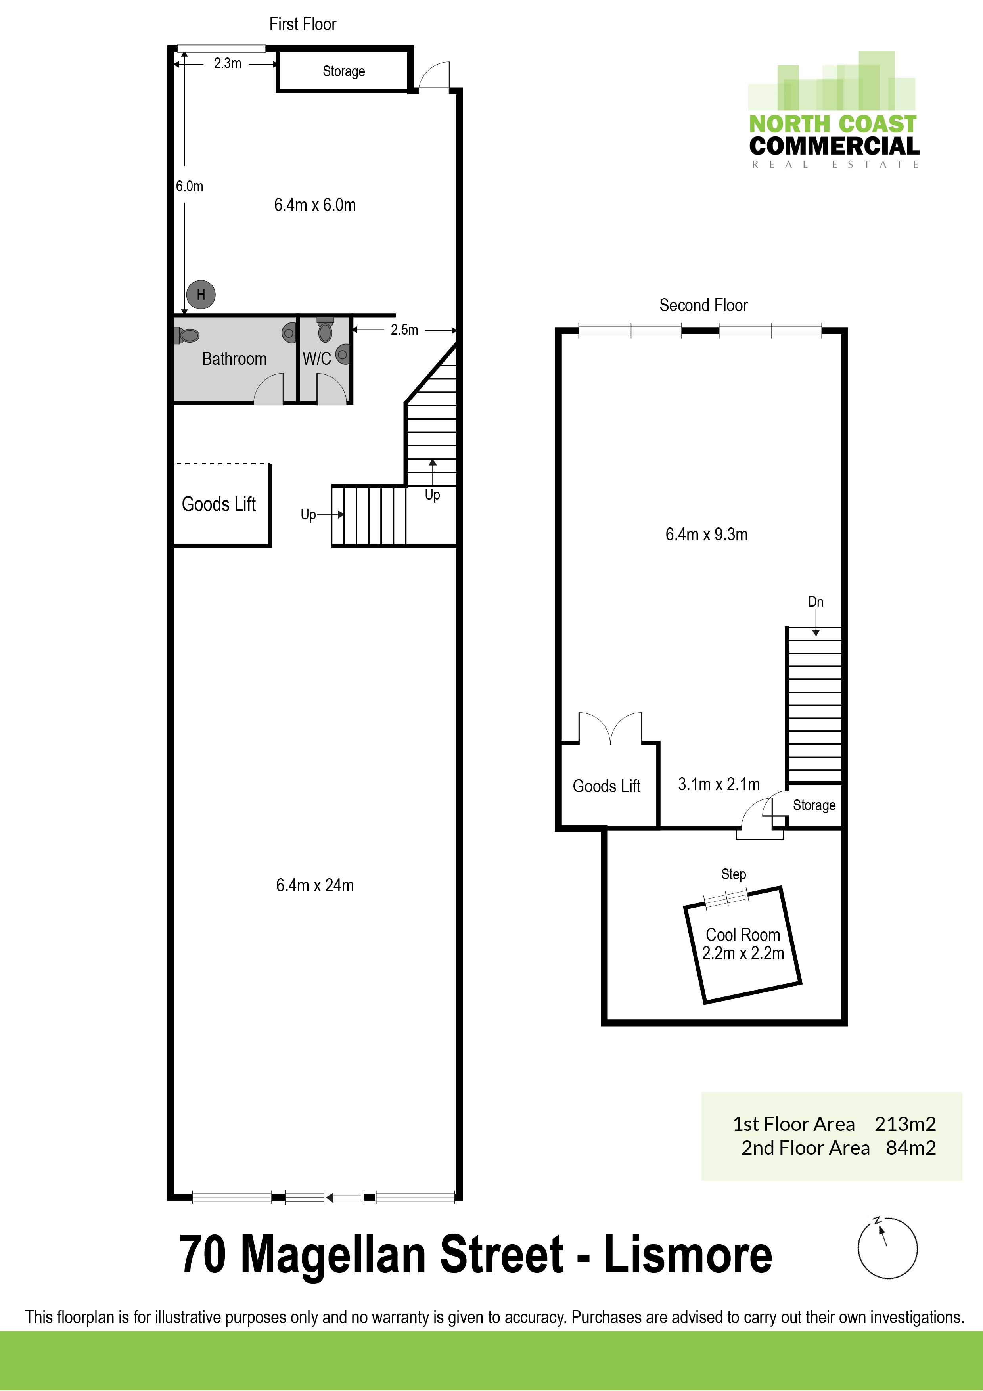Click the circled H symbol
(x=201, y=295)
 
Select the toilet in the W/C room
(x=325, y=331)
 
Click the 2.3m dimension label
(x=227, y=63)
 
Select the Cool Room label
(x=743, y=935)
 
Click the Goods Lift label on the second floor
(x=606, y=786)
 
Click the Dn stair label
(x=816, y=602)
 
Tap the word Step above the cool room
(x=734, y=874)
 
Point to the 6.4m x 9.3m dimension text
(x=706, y=535)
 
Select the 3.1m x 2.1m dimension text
(x=719, y=785)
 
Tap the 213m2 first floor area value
(x=905, y=1125)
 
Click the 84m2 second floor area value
(x=911, y=1148)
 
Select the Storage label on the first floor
(x=343, y=71)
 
